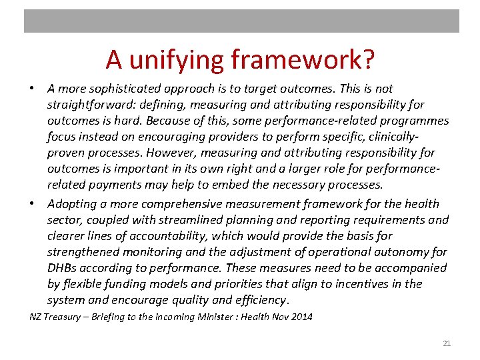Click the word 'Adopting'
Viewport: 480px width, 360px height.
pyautogui.click(x=71, y=203)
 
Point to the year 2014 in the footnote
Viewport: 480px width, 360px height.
pyautogui.click(x=300, y=317)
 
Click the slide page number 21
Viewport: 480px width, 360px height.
pyautogui.click(x=447, y=343)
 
